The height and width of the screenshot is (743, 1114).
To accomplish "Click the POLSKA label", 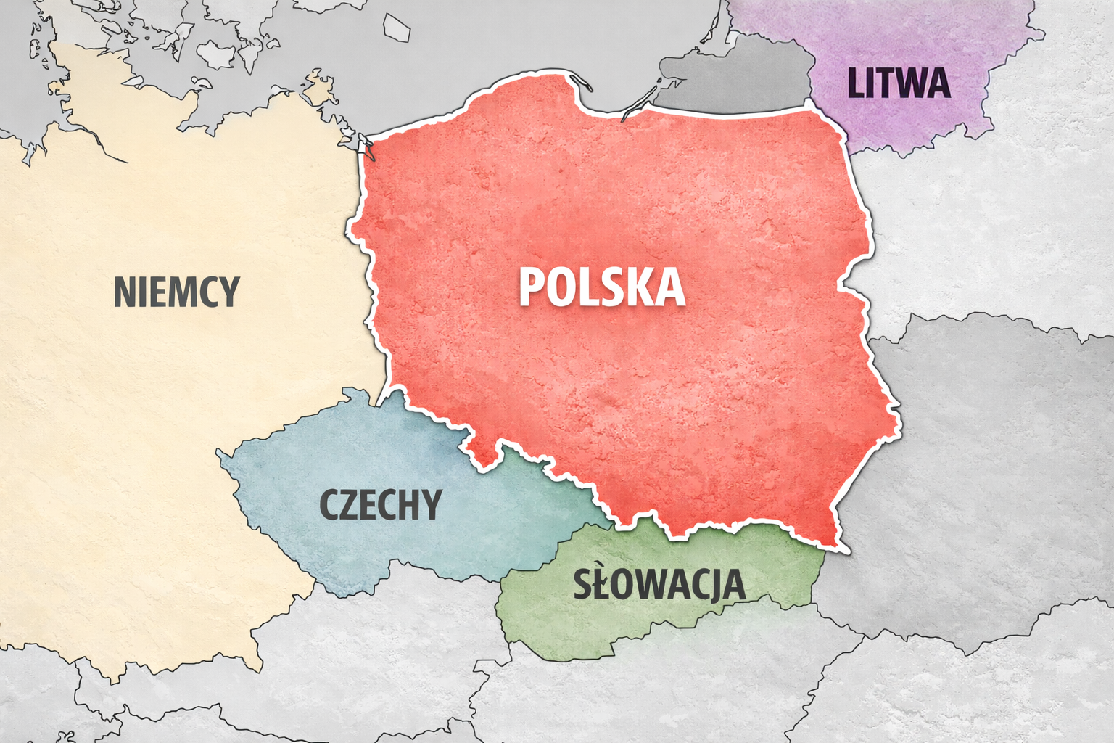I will pyautogui.click(x=602, y=287).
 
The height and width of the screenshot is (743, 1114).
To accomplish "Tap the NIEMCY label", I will pyautogui.click(x=176, y=292).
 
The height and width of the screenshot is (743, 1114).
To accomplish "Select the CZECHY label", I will pyautogui.click(x=381, y=505).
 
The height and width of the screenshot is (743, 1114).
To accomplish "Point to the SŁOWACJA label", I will pyautogui.click(x=659, y=584).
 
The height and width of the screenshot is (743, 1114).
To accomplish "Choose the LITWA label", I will pyautogui.click(x=899, y=83).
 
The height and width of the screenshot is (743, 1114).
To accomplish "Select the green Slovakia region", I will pyautogui.click(x=653, y=617).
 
